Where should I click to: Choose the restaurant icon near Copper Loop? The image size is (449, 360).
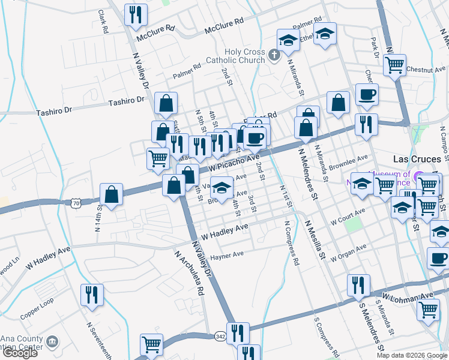point(92,295)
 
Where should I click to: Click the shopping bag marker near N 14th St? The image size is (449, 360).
point(112,194)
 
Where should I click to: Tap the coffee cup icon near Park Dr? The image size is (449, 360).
point(366,94)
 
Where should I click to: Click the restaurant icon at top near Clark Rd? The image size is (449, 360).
point(136,14)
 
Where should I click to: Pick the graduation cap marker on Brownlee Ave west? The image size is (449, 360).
point(221,188)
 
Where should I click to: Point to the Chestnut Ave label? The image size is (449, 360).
point(426,70)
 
